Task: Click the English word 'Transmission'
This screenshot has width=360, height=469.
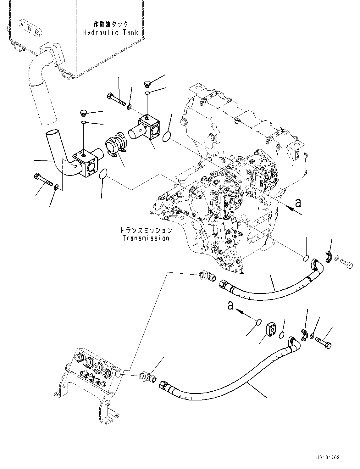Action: (x=146, y=238)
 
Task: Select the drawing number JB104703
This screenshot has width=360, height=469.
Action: (x=326, y=458)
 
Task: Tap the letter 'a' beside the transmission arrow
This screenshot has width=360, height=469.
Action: (x=298, y=203)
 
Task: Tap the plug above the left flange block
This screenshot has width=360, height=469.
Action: (x=83, y=113)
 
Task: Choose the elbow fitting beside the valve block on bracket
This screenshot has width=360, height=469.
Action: (x=147, y=377)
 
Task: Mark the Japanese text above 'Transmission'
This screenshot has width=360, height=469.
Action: (x=146, y=231)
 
